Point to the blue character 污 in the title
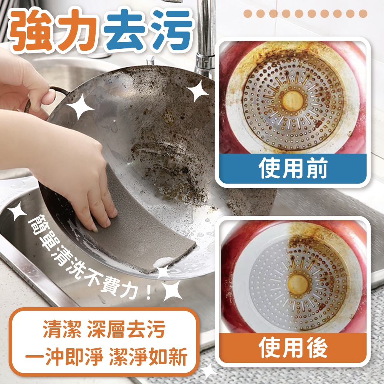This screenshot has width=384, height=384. (x=171, y=29)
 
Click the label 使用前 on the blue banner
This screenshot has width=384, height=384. (x=293, y=168)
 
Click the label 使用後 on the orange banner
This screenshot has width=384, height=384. (x=293, y=348)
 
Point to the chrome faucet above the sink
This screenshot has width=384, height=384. (x=205, y=37)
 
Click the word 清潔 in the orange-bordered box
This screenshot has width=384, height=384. (x=62, y=329)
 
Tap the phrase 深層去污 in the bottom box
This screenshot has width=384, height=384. (x=126, y=329)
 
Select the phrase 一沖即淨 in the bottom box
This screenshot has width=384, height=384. (x=64, y=357)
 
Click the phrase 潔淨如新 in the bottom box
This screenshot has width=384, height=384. (x=148, y=357)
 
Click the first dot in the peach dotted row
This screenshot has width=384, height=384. (x=248, y=14)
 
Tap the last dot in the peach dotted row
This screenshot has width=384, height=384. (x=363, y=14)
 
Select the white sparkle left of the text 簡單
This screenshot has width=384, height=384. (x=17, y=211)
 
